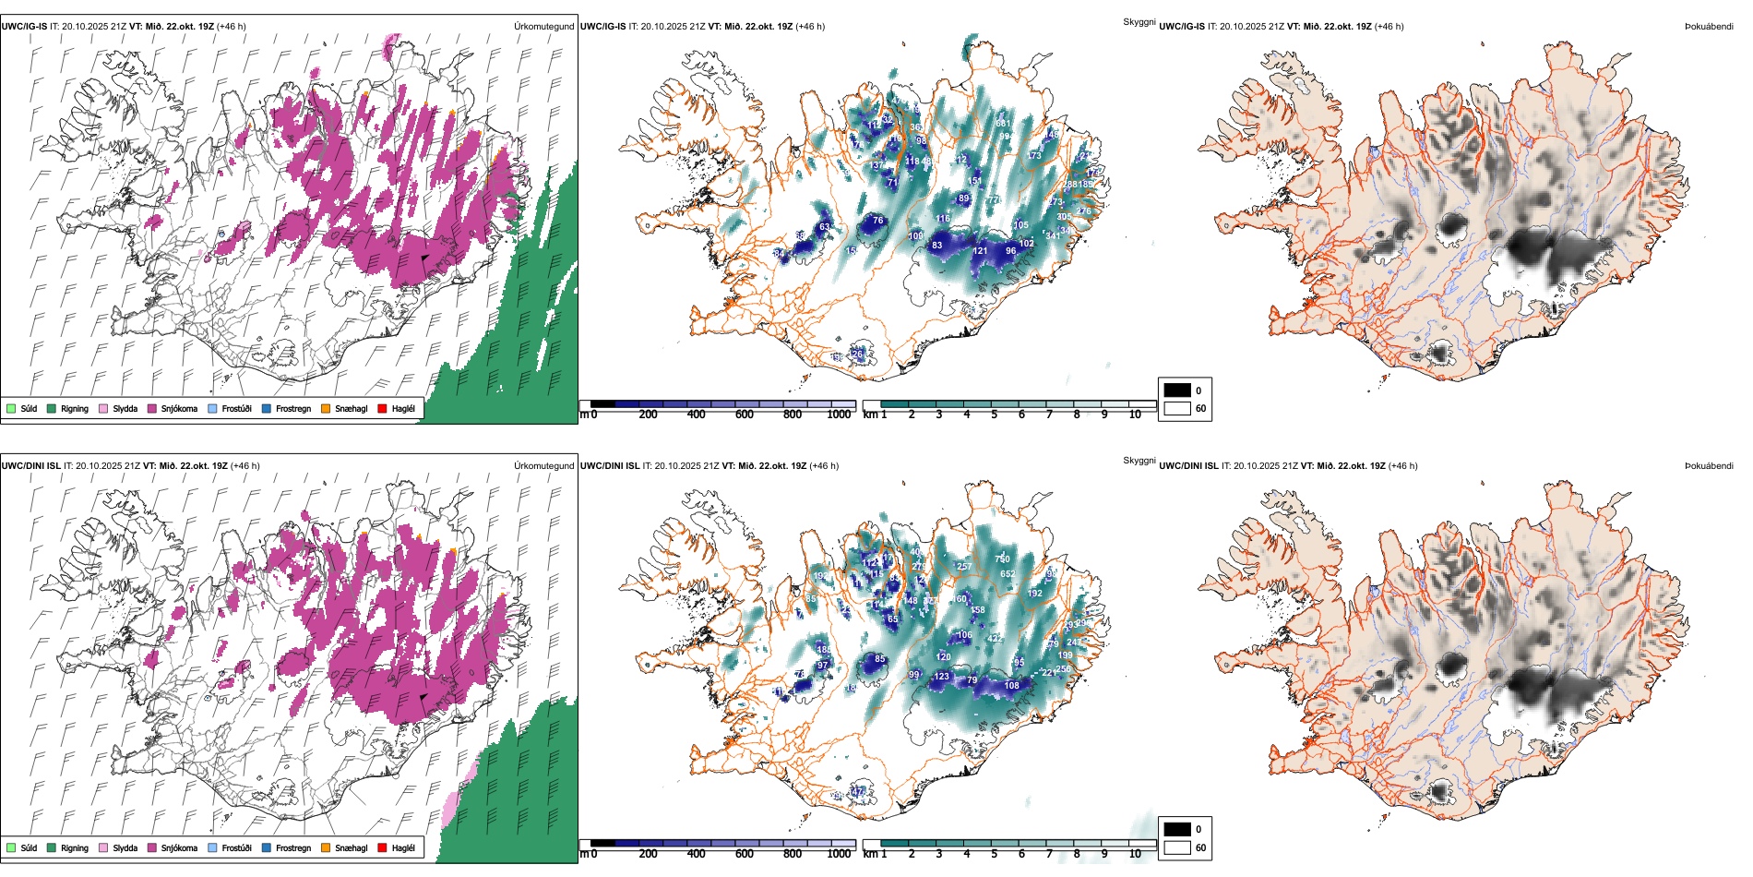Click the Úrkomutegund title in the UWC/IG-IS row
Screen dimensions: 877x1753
pos(543,27)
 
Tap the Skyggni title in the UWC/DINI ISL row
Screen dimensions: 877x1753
pos(1139,461)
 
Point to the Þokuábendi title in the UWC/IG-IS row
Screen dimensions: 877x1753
pos(1709,27)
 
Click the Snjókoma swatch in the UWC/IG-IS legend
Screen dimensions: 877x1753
pos(152,408)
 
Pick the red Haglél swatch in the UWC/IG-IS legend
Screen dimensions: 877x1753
pos(382,408)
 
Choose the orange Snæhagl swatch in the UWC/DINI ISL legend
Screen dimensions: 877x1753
pos(326,847)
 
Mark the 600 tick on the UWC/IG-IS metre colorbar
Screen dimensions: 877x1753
pos(745,414)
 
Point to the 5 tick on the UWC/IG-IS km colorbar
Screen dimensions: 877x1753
pos(995,414)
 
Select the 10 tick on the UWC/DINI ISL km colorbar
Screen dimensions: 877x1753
pos(1135,854)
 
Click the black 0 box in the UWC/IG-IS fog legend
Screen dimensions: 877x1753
pos(1177,390)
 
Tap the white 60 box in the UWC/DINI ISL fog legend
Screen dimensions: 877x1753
pos(1177,847)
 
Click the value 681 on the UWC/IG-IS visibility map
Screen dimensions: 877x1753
pos(1003,124)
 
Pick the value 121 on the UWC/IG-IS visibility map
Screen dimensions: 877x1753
pos(980,251)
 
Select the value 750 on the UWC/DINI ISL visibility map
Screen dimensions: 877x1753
pos(1002,559)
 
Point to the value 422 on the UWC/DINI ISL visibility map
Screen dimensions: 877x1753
pos(995,639)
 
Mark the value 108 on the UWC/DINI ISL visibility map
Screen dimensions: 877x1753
pos(1012,686)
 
